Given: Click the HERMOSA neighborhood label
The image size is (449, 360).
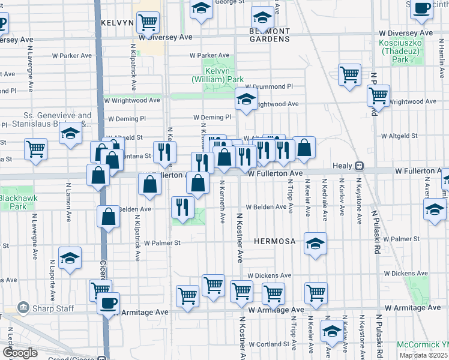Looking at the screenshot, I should point(275,241).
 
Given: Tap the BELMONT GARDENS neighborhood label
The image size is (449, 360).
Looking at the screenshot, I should point(270,35).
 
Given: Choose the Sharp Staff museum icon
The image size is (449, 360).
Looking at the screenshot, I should point(24,308).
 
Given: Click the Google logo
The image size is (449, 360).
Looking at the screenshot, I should point(20,353).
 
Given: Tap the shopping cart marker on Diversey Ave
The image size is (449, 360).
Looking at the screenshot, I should point(147,23).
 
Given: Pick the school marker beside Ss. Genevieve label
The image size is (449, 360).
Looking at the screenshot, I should point(70,134).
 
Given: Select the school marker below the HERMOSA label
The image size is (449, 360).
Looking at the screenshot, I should point(315,244).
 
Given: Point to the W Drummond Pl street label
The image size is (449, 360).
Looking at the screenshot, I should point(268,86).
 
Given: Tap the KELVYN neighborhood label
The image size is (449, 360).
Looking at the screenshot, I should point(117,23).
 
